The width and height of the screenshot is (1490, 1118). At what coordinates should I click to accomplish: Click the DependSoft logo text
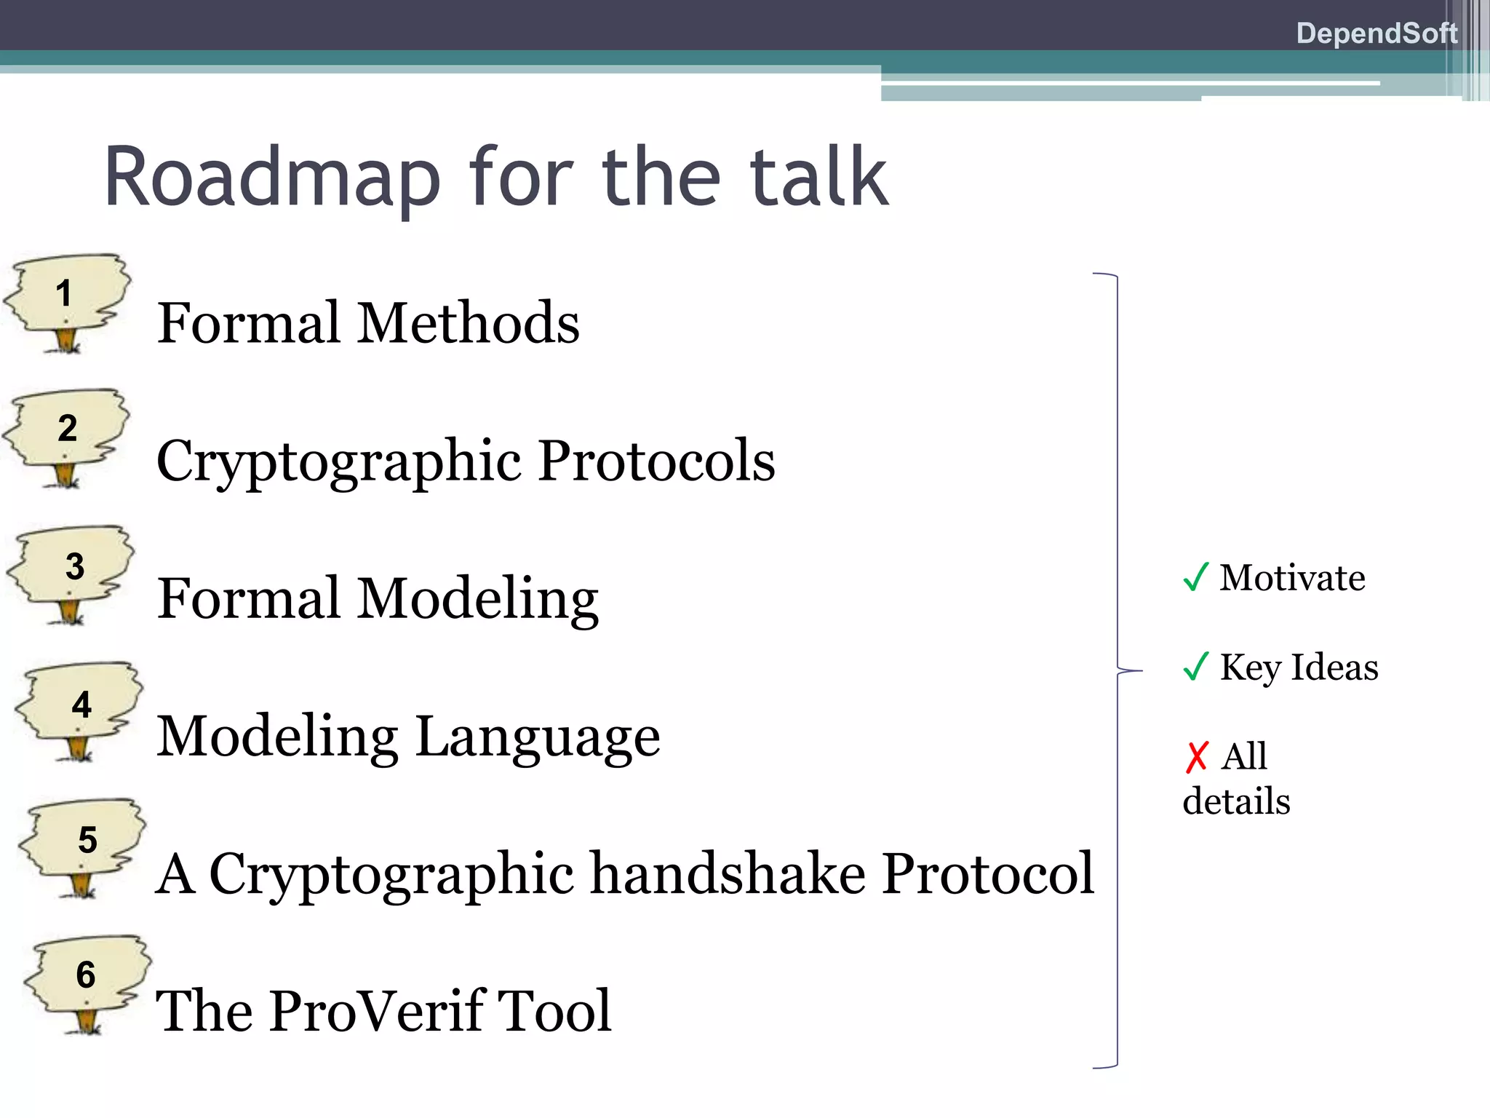tap(1376, 33)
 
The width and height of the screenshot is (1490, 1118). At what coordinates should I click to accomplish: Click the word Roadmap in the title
tap(272, 178)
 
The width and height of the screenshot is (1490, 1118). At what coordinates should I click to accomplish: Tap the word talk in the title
tap(818, 178)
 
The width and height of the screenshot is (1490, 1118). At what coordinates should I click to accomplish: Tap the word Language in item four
tap(538, 737)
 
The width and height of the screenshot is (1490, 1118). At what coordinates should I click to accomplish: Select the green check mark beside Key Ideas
tap(1195, 666)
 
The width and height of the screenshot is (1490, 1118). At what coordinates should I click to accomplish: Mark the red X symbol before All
tap(1196, 757)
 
